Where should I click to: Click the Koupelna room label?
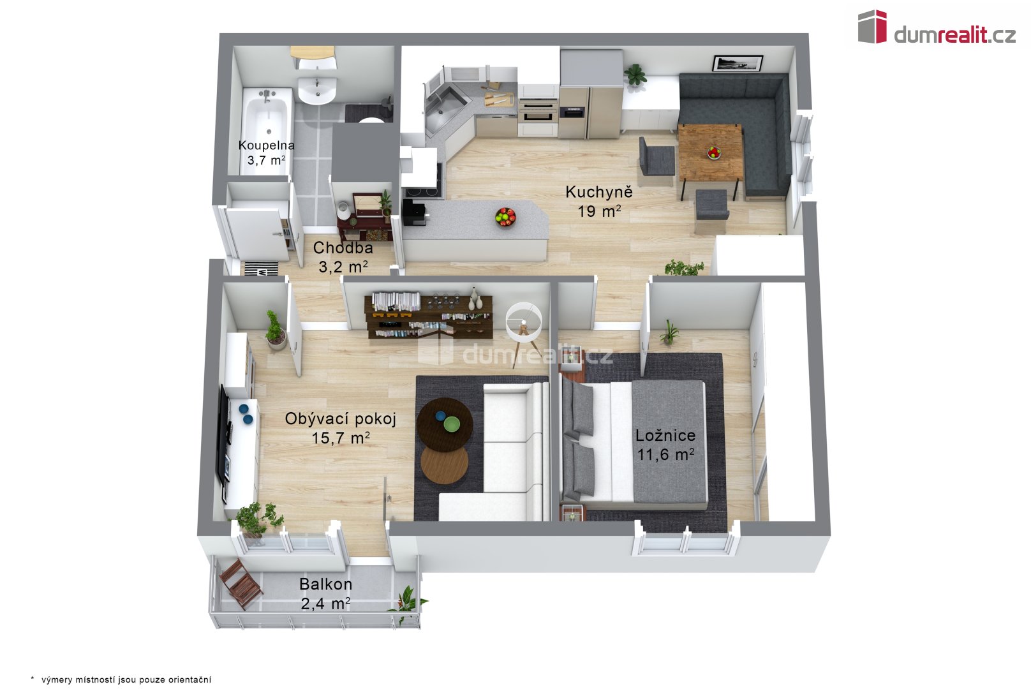pyautogui.click(x=266, y=145)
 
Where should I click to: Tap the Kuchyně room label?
pyautogui.click(x=599, y=192)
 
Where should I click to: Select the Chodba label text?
pyautogui.click(x=343, y=248)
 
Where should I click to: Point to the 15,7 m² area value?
pyautogui.click(x=341, y=438)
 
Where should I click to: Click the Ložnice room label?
pyautogui.click(x=665, y=435)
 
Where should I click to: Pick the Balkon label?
pyautogui.click(x=325, y=584)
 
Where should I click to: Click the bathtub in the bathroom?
pyautogui.click(x=267, y=131)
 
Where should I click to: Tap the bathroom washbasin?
pyautogui.click(x=317, y=90)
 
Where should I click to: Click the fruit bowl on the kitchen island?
pyautogui.click(x=505, y=217)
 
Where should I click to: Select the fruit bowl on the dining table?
pyautogui.click(x=714, y=153)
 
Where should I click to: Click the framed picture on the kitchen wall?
pyautogui.click(x=738, y=63)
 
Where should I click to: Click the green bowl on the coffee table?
pyautogui.click(x=452, y=424)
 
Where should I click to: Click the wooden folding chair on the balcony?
pyautogui.click(x=241, y=584)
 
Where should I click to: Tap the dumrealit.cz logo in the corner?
pyautogui.click(x=937, y=27)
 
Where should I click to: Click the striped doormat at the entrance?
pyautogui.click(x=261, y=269)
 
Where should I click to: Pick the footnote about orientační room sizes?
pyautogui.click(x=121, y=679)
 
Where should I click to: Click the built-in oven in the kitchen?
pyautogui.click(x=538, y=111)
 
